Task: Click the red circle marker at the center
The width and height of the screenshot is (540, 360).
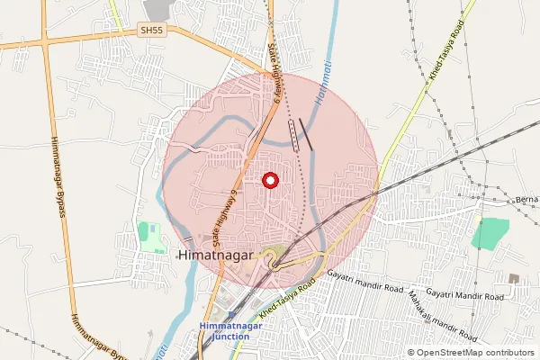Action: tap(269, 181)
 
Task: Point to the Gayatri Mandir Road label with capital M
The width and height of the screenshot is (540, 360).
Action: tap(465, 295)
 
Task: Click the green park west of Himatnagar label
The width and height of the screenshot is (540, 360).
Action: tap(150, 237)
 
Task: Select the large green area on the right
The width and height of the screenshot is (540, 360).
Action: tap(490, 233)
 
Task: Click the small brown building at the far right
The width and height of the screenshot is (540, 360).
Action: tap(514, 278)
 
